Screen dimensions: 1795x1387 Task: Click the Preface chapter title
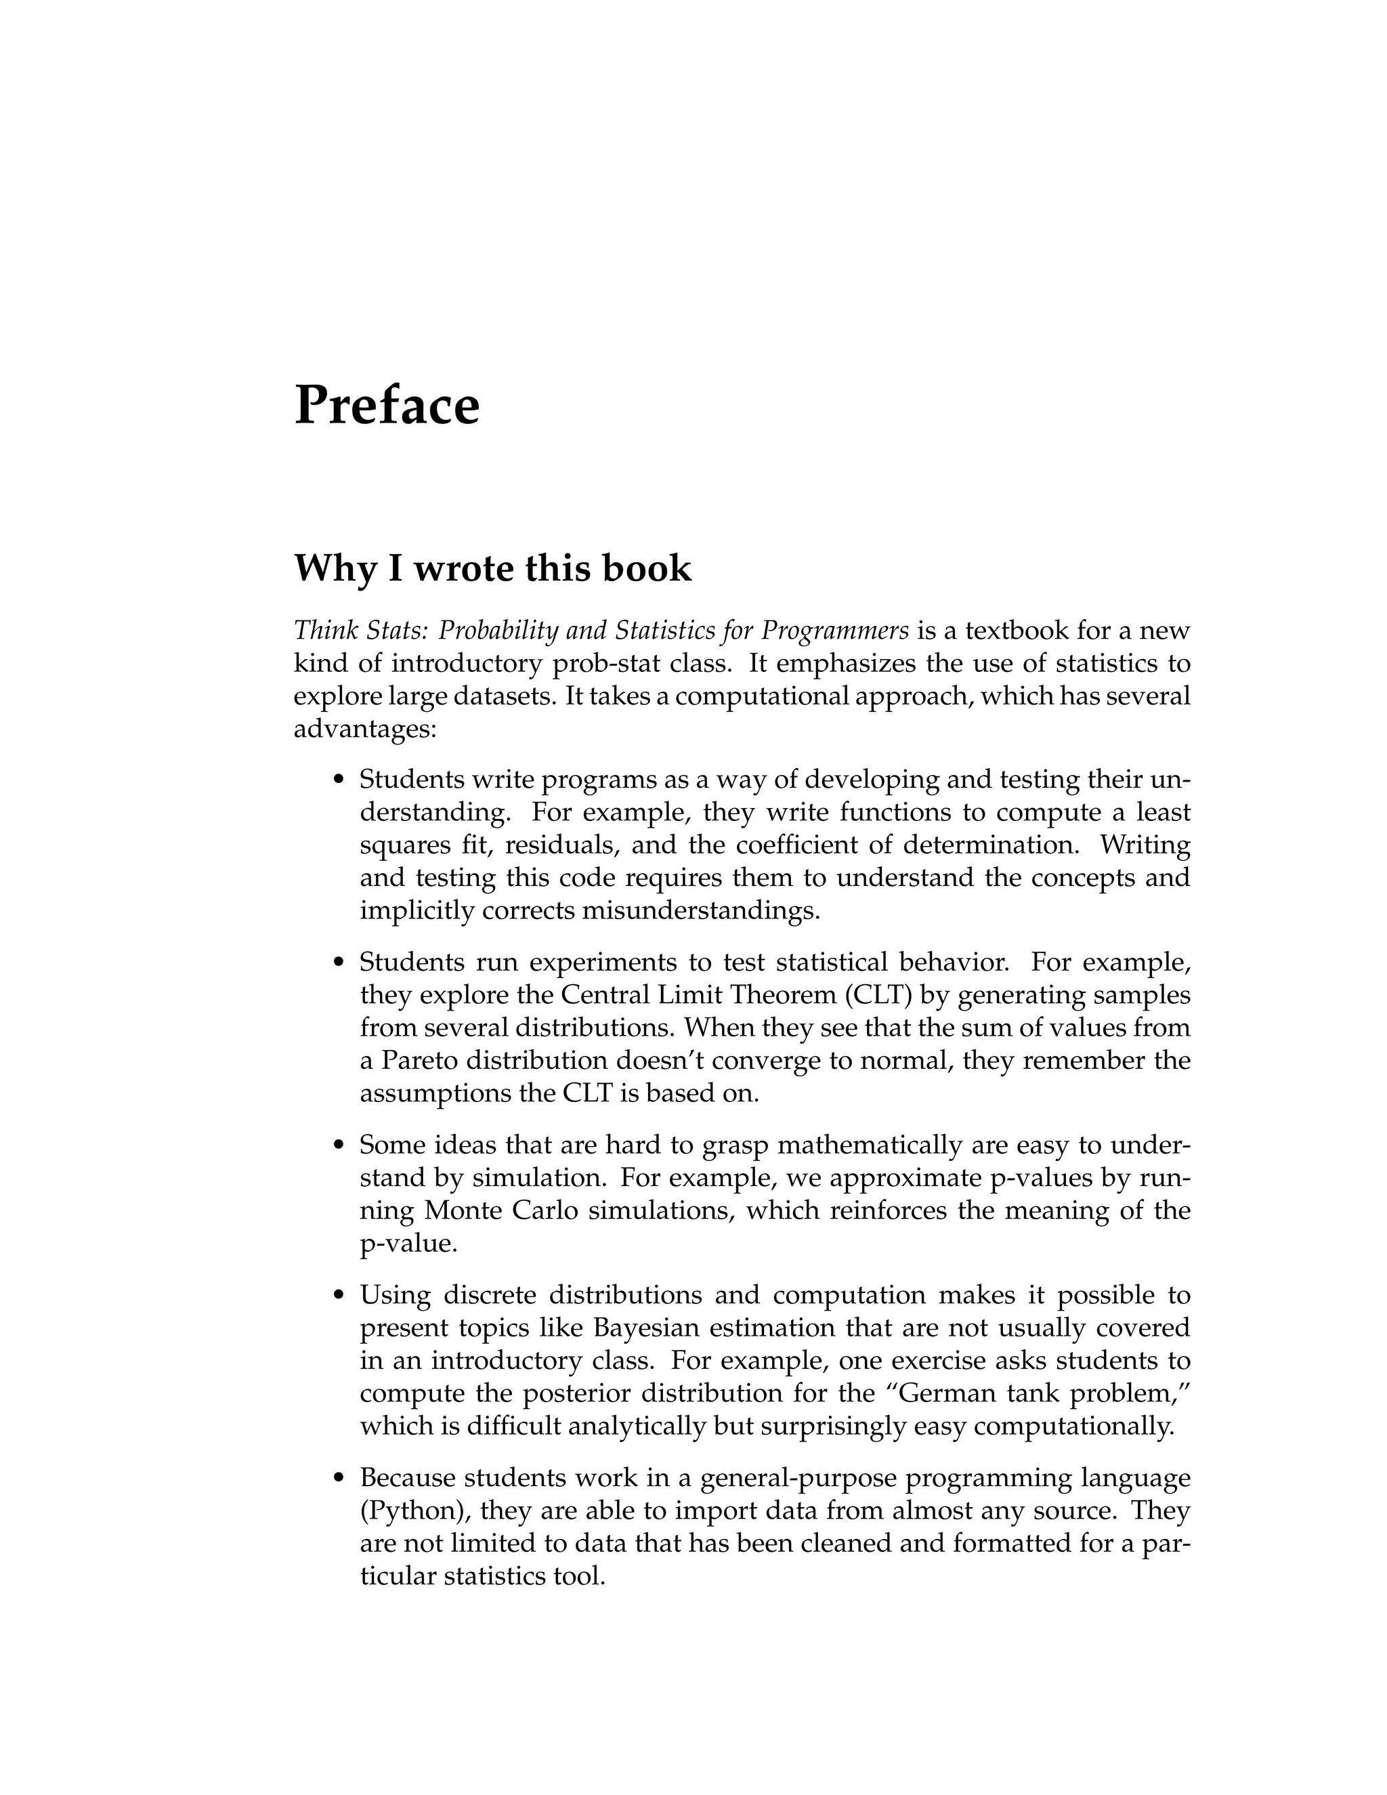(x=386, y=405)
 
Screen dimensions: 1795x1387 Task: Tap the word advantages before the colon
(x=362, y=729)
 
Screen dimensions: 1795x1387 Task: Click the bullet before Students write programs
(x=339, y=779)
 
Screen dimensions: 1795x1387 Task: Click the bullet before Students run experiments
(x=339, y=963)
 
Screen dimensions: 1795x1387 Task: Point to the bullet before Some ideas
(x=339, y=1145)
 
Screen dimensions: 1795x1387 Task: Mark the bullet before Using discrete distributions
(x=339, y=1296)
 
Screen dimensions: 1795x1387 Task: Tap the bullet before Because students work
(x=339, y=1479)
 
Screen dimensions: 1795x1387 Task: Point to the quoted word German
(x=929, y=1393)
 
